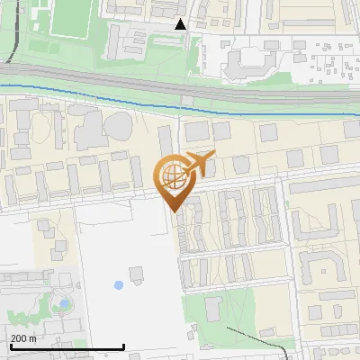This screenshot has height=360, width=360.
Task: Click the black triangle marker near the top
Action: pyautogui.click(x=181, y=24)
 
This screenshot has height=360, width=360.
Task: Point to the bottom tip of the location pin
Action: pyautogui.click(x=173, y=211)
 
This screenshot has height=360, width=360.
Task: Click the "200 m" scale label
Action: pyautogui.click(x=23, y=338)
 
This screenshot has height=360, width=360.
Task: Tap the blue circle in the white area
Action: pyautogui.click(x=119, y=285)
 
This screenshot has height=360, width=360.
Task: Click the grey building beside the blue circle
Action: pyautogui.click(x=137, y=272)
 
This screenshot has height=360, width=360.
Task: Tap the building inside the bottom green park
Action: pyautogui.click(x=213, y=310)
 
